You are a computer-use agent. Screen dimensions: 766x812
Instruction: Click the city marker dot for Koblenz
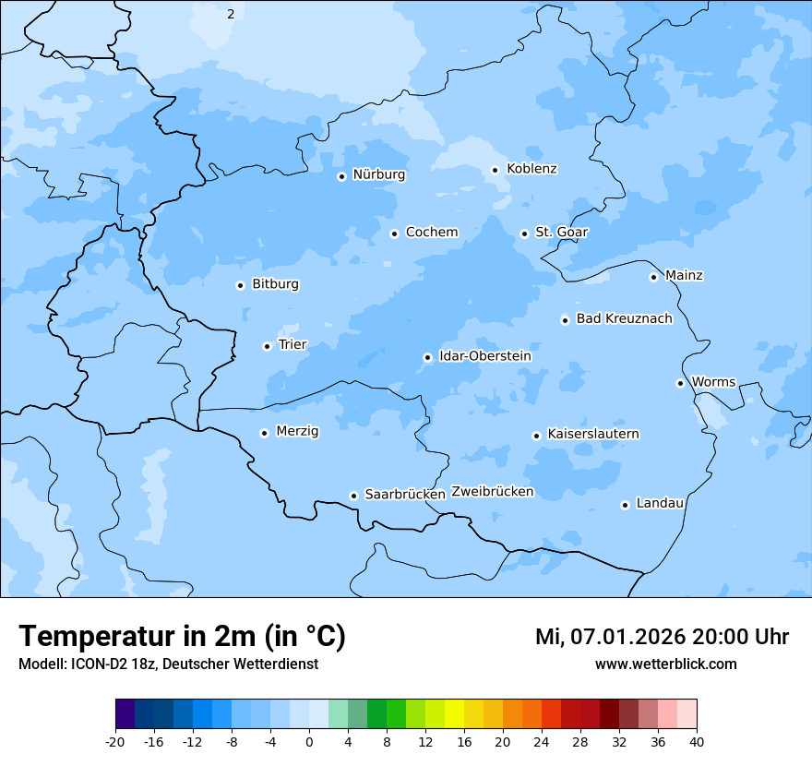(495, 170)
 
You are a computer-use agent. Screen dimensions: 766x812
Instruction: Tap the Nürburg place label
(378, 174)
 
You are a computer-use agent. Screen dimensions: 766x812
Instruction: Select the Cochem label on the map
(431, 233)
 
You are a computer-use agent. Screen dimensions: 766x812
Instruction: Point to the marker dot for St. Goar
(524, 233)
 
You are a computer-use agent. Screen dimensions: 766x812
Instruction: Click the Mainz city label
(684, 275)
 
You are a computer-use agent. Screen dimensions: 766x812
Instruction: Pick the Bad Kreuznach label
(624, 318)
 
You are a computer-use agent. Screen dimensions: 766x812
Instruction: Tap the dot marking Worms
(680, 383)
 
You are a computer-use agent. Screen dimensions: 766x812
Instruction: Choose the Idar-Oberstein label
(484, 356)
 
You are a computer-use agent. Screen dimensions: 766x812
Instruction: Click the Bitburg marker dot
(240, 285)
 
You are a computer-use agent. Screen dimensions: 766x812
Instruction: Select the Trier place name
(293, 344)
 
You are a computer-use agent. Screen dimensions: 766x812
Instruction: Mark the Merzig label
(297, 431)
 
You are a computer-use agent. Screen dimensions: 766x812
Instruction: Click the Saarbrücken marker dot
(353, 496)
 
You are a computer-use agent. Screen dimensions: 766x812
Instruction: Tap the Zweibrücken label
(492, 492)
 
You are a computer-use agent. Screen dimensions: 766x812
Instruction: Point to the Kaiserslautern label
(592, 434)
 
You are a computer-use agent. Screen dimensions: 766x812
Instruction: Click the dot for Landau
(625, 505)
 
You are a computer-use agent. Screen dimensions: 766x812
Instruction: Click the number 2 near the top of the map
(231, 14)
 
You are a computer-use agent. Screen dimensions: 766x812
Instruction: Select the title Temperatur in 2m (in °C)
(182, 637)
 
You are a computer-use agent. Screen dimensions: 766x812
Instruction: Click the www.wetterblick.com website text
(665, 664)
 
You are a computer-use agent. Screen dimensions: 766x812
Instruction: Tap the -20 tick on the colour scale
(115, 742)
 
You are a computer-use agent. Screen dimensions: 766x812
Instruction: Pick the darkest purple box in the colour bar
(125, 714)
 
